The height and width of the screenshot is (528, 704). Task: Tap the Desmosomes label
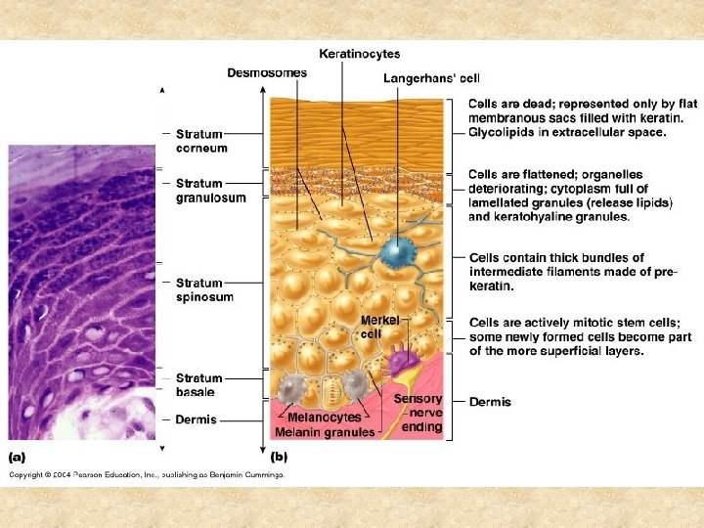[x=266, y=72]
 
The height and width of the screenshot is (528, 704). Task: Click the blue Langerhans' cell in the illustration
[x=398, y=252]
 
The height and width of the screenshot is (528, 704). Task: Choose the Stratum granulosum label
[x=210, y=190]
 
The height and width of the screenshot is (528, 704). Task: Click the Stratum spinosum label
[x=204, y=290]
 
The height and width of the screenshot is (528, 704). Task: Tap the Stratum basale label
[x=199, y=384]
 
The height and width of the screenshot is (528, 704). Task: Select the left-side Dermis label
[x=196, y=419]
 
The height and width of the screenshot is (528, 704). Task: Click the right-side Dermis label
[x=490, y=402]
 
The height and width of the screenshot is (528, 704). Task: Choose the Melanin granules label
[x=324, y=432]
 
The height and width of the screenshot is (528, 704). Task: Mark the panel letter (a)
[x=19, y=456]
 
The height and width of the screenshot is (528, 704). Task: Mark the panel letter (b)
[x=280, y=456]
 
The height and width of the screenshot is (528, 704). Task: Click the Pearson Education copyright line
[x=147, y=475]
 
